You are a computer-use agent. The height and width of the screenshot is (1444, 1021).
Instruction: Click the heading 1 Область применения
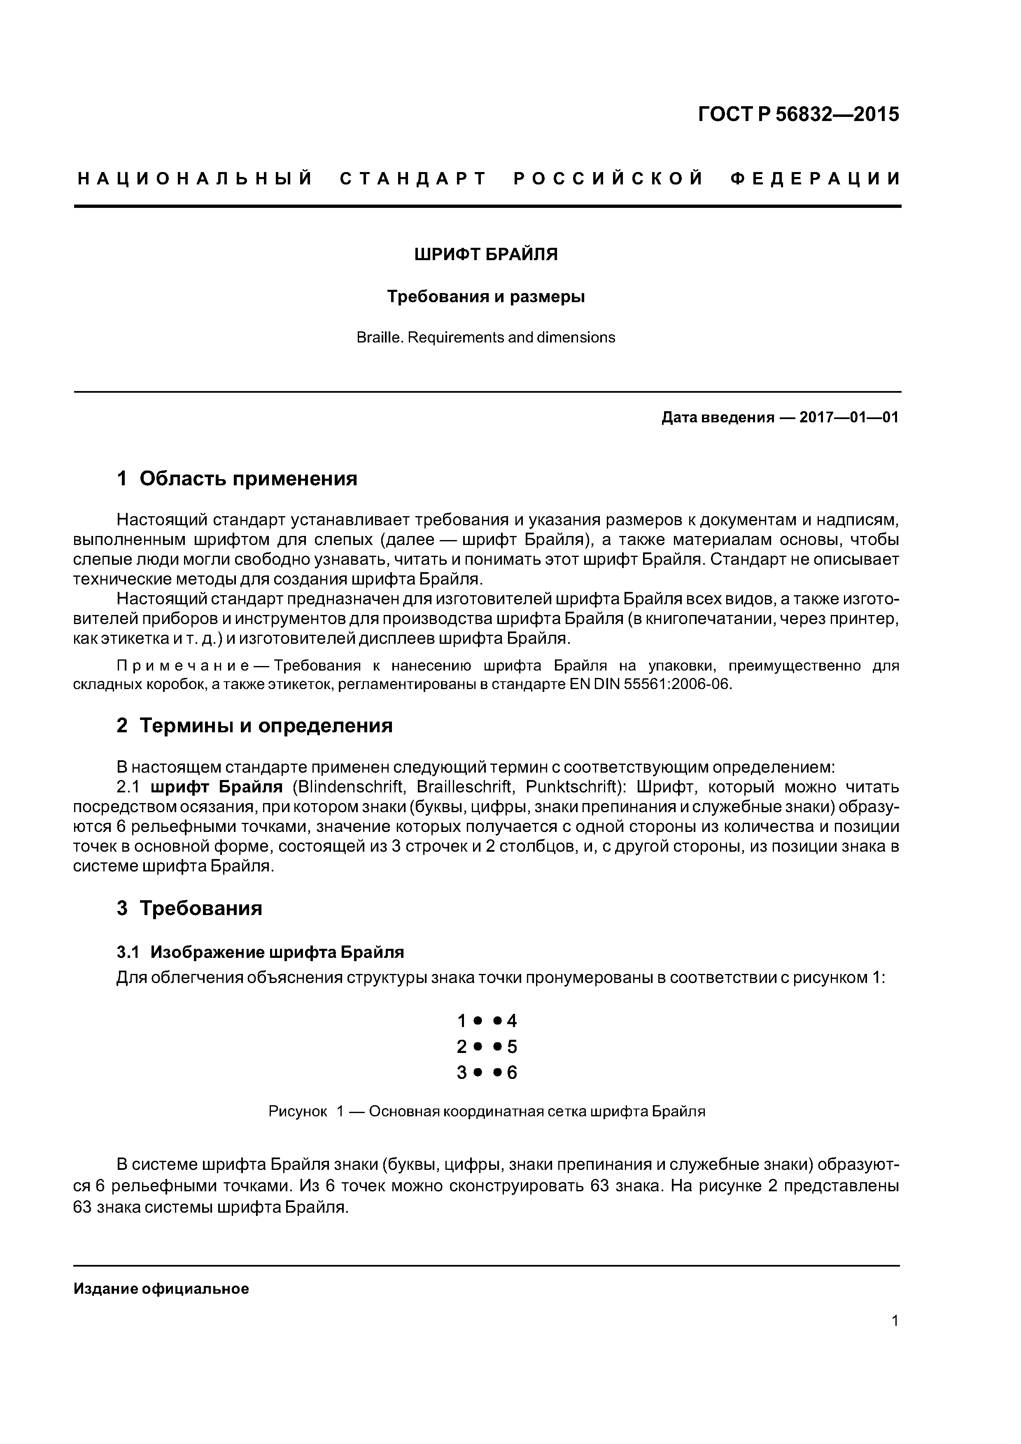tap(237, 479)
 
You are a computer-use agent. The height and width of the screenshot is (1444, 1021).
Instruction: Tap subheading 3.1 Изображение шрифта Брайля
tap(260, 952)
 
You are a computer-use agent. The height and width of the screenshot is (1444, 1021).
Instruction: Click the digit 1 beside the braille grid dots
tap(462, 1021)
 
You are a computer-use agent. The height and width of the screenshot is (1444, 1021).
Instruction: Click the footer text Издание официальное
tap(161, 1289)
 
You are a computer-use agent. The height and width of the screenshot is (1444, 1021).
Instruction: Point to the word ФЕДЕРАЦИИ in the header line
tap(815, 179)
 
